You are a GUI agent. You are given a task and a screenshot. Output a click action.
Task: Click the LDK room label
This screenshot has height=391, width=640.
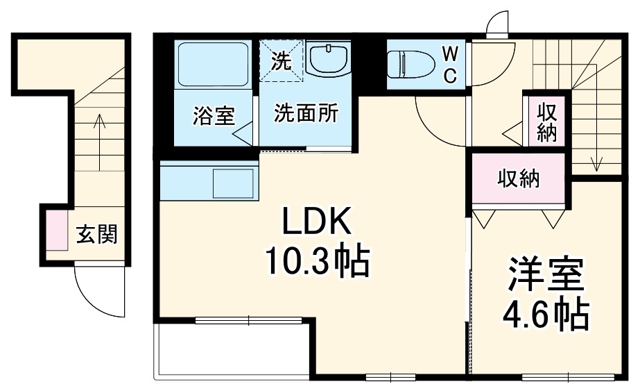click(317, 222)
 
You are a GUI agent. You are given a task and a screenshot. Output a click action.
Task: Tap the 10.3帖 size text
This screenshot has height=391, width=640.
click(317, 262)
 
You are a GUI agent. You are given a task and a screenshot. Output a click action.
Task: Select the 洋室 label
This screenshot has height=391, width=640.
click(545, 274)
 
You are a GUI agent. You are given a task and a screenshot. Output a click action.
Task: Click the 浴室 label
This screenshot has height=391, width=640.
click(214, 115)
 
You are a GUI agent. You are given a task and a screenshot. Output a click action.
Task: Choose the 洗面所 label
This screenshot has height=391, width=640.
click(306, 113)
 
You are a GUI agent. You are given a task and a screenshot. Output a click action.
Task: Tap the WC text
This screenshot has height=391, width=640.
click(450, 65)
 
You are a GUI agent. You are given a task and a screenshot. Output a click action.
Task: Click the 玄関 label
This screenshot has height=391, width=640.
click(97, 234)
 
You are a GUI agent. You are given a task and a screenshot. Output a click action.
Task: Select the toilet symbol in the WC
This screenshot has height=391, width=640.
click(410, 65)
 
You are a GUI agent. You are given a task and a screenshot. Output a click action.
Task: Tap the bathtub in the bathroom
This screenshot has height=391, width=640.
click(213, 65)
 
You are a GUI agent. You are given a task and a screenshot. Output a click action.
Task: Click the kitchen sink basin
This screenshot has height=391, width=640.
click(234, 183)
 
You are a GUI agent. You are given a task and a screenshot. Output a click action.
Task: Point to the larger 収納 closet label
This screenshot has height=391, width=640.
click(519, 179)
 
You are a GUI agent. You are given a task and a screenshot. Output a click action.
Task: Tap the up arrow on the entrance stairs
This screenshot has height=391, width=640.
click(99, 143)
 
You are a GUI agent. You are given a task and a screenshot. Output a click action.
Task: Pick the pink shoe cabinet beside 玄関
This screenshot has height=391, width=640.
click(57, 230)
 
